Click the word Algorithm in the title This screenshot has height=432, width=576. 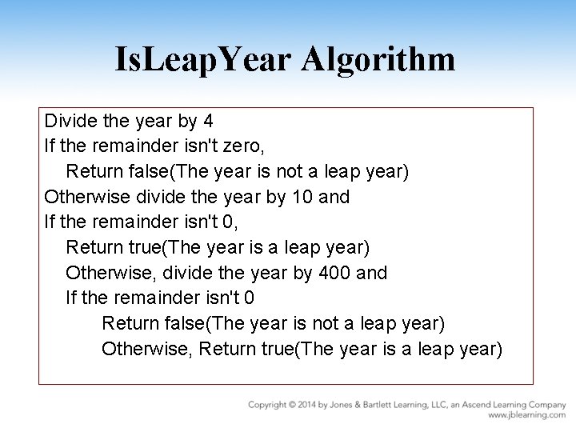click(x=379, y=60)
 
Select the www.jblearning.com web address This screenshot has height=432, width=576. click(x=527, y=416)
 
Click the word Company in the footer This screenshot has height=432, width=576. click(x=545, y=406)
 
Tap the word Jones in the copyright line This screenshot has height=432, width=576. click(x=346, y=406)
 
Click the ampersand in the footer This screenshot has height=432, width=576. click(x=364, y=406)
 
